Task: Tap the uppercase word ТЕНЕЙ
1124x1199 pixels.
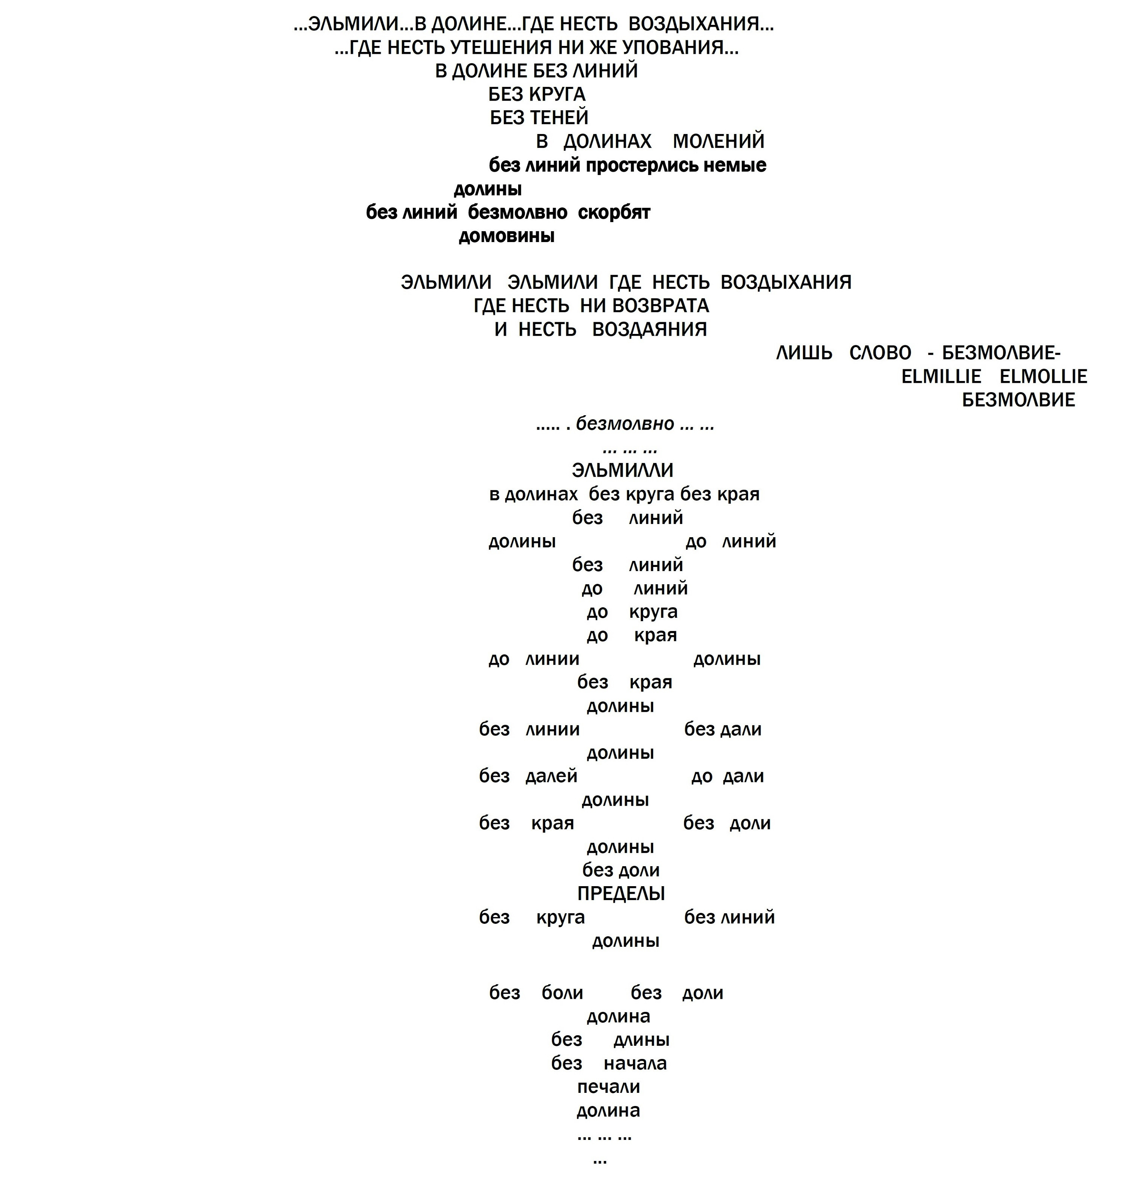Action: coord(559,117)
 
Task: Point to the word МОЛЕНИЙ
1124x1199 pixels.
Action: coord(719,142)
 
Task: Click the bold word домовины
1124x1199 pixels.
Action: coord(506,236)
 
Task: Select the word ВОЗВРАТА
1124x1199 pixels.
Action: coord(660,306)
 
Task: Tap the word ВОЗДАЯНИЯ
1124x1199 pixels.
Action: coord(649,329)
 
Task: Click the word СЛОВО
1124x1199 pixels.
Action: coord(881,353)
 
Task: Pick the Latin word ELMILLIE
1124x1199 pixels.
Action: coord(941,376)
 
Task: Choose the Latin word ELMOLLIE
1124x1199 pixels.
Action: coord(1043,376)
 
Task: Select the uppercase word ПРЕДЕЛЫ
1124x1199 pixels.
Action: coord(621,894)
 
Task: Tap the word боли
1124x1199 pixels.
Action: coord(562,993)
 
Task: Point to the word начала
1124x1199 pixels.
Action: coord(635,1063)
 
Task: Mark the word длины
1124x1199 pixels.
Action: coord(641,1041)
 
